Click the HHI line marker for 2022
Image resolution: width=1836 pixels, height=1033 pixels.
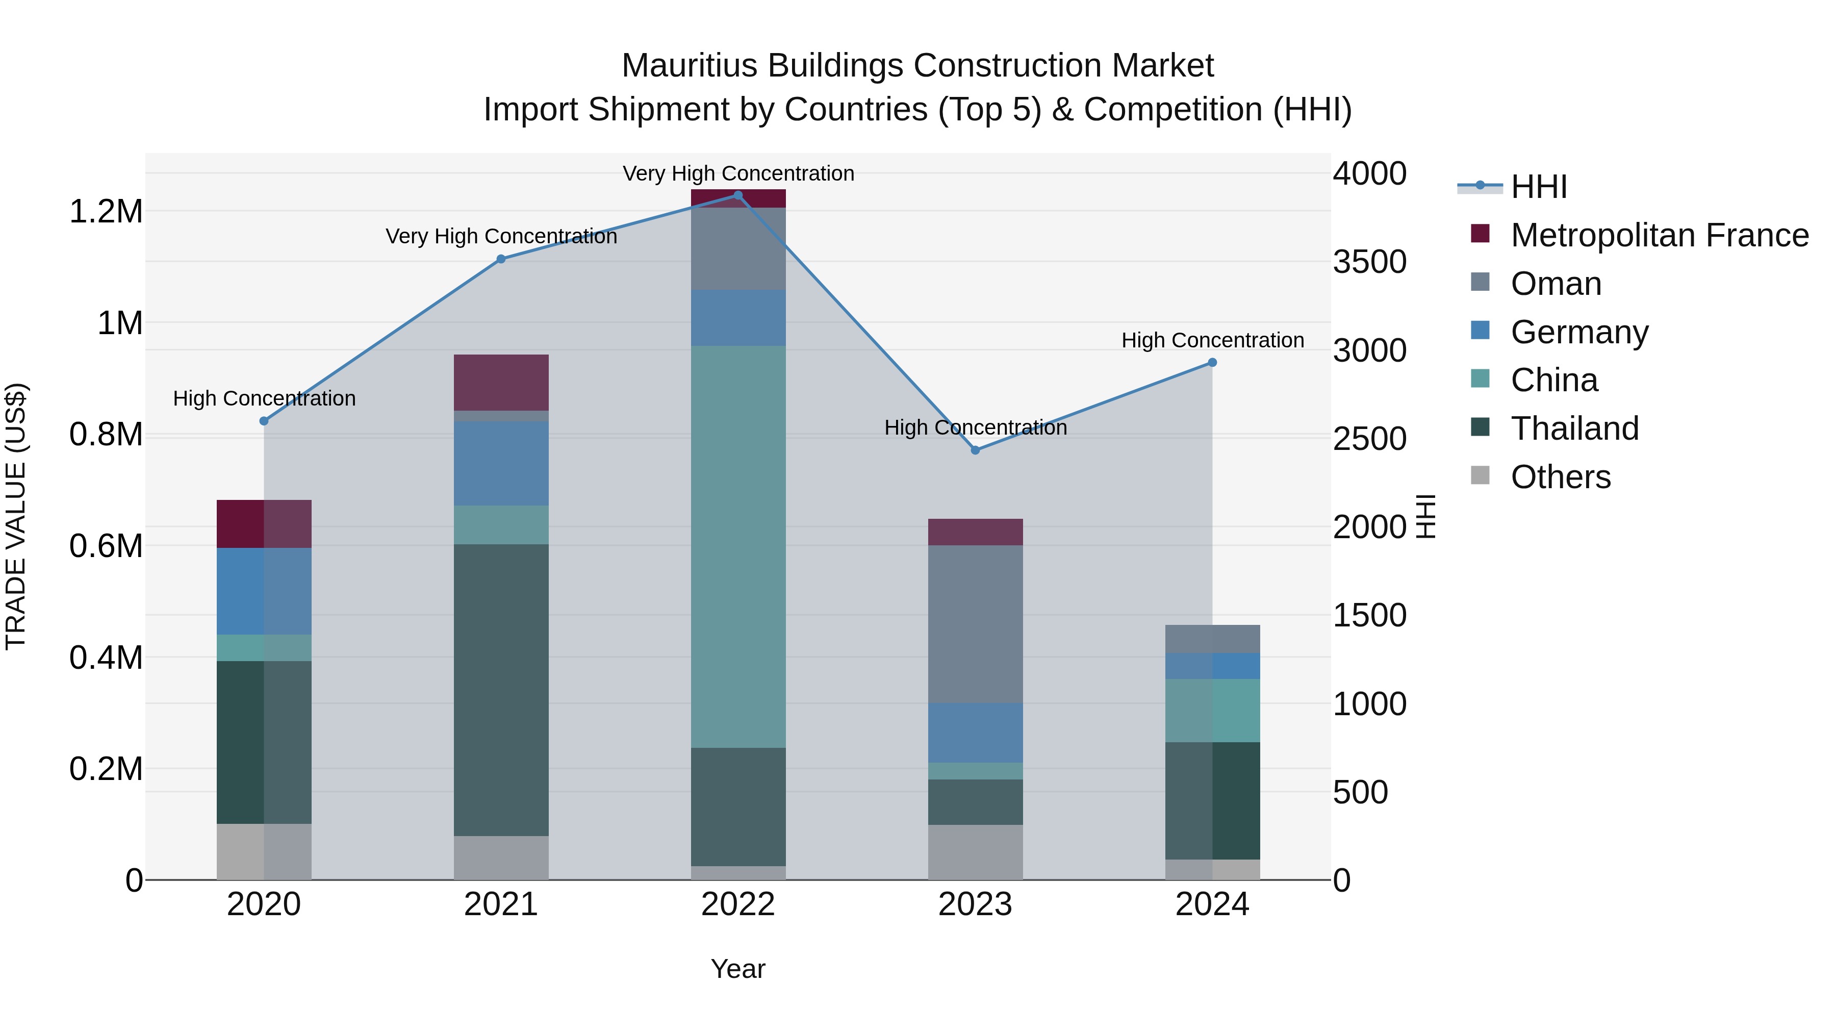coord(737,195)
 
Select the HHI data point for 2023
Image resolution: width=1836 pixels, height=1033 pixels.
coord(975,450)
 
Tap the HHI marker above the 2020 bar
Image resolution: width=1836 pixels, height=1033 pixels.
coord(264,421)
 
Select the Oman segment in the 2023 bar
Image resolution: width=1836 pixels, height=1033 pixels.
coord(975,624)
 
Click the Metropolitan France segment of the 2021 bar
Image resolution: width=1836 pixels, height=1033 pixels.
coord(501,382)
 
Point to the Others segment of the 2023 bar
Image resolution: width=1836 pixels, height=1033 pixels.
coord(975,852)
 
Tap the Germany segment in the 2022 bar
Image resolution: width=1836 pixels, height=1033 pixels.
coord(737,318)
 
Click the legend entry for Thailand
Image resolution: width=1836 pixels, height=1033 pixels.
coord(1574,429)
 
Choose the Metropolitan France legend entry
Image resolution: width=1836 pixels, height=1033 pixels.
coord(1659,235)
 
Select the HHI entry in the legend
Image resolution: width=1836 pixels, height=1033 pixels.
coord(1538,187)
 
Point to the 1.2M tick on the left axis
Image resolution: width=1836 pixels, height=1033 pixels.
coord(106,212)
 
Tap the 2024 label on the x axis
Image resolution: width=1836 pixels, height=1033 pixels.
coord(1212,904)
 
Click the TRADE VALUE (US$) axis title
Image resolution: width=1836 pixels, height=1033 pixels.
coord(16,516)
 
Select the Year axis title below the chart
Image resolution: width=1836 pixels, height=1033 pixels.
coord(737,969)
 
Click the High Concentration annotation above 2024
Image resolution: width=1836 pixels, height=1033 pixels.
coord(1212,340)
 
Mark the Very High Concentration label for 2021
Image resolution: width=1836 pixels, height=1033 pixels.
coord(501,236)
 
